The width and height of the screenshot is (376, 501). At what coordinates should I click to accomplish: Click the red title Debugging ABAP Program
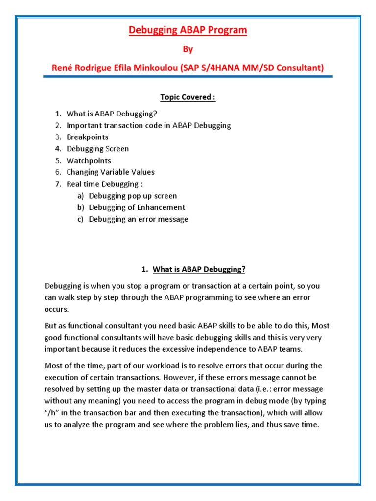click(188, 30)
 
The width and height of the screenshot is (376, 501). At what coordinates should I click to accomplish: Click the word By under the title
click(188, 49)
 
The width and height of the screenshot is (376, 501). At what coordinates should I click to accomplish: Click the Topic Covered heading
click(188, 97)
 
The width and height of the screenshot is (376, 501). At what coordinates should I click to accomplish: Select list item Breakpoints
click(88, 137)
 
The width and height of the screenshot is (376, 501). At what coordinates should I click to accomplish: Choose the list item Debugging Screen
click(98, 149)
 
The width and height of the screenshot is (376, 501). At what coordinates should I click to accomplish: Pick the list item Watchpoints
click(89, 160)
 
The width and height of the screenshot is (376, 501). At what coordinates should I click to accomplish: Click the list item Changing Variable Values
click(111, 172)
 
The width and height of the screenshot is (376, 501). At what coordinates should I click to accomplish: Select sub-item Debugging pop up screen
click(133, 196)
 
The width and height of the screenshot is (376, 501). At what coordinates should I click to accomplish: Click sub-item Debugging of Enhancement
click(137, 207)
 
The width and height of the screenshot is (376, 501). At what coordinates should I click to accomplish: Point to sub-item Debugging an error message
click(139, 219)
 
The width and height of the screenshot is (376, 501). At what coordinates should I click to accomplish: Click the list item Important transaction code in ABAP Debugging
click(149, 125)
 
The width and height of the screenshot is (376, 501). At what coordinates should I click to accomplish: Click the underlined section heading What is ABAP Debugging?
click(199, 269)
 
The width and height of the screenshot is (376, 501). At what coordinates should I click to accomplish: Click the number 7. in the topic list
click(58, 184)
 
